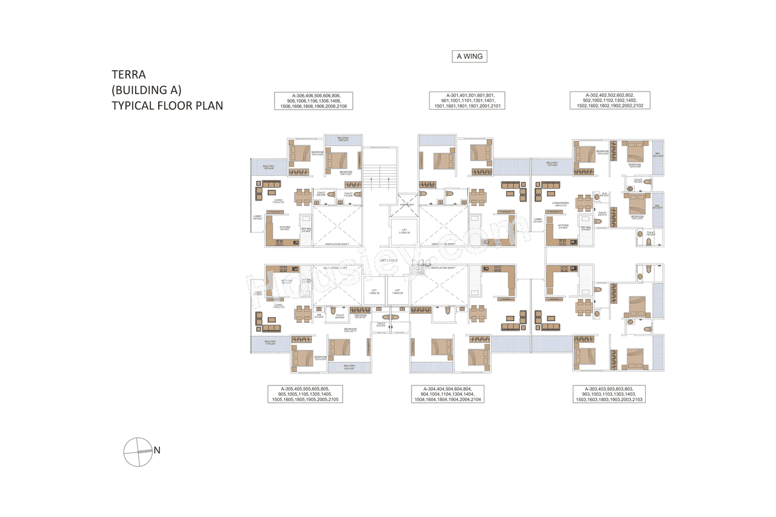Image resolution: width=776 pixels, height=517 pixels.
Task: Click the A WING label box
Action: (x=469, y=57)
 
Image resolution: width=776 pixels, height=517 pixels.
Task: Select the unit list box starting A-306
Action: (x=313, y=101)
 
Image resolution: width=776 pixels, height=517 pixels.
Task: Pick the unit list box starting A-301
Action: (x=466, y=101)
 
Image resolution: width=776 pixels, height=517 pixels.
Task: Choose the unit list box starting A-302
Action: (x=609, y=101)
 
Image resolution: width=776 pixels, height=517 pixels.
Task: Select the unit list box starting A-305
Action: (x=305, y=394)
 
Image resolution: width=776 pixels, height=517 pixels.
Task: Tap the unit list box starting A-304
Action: (x=446, y=394)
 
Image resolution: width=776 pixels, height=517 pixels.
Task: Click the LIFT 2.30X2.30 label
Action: (x=404, y=231)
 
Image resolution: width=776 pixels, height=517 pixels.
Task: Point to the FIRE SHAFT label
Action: (x=407, y=204)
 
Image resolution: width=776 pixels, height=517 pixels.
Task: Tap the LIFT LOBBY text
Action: (x=389, y=260)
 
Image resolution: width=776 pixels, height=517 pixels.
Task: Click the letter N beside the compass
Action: (x=157, y=450)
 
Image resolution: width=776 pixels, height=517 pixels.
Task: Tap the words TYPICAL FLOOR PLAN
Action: (x=167, y=105)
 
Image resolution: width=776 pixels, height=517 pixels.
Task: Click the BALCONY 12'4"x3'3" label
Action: (x=349, y=367)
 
